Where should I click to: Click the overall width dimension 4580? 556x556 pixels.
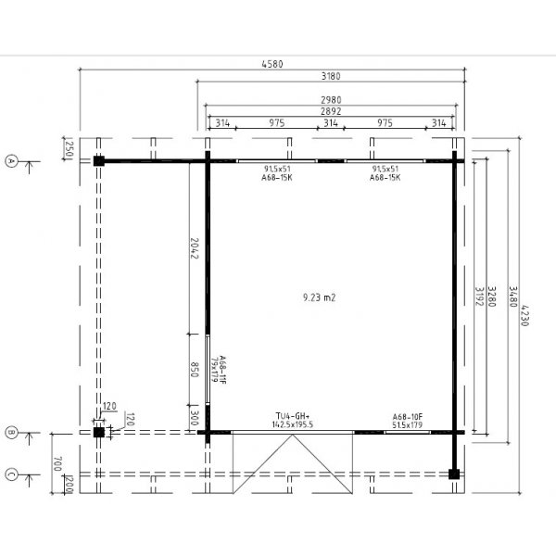point(272,64)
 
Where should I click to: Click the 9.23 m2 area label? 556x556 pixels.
point(318,297)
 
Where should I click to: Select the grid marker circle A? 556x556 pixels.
point(12,160)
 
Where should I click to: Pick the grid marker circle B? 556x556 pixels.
point(12,432)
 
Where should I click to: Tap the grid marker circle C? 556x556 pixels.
point(12,474)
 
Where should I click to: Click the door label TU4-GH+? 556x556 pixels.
point(292,416)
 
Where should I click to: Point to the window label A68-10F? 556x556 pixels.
point(408,416)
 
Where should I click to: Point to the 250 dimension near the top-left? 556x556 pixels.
point(69,148)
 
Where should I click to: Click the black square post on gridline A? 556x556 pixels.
point(98,160)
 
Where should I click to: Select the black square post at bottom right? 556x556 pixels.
point(453,474)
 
